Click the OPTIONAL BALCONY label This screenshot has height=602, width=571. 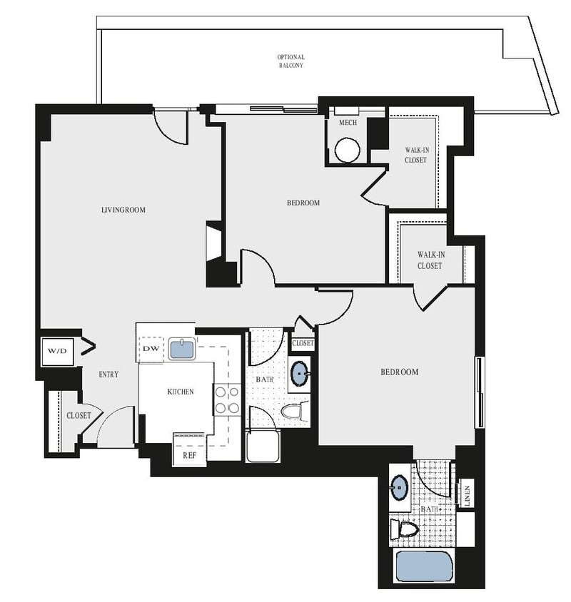(x=291, y=61)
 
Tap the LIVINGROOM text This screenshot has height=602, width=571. (x=123, y=210)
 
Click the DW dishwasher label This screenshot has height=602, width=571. (x=151, y=349)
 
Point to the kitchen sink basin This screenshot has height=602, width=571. (x=181, y=350)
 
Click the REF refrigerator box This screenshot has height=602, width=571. (x=189, y=454)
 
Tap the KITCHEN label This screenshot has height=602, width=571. (x=180, y=392)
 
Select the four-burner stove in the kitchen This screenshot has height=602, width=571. (x=227, y=399)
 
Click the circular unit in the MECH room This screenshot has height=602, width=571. (x=347, y=150)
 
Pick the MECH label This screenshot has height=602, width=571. (x=348, y=123)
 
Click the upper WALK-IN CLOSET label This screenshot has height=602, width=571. (x=416, y=155)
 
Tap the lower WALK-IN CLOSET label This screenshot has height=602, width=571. (x=430, y=260)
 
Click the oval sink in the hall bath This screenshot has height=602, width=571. (x=300, y=372)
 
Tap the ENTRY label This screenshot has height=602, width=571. (x=108, y=374)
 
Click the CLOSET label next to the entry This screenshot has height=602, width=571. (x=79, y=415)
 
